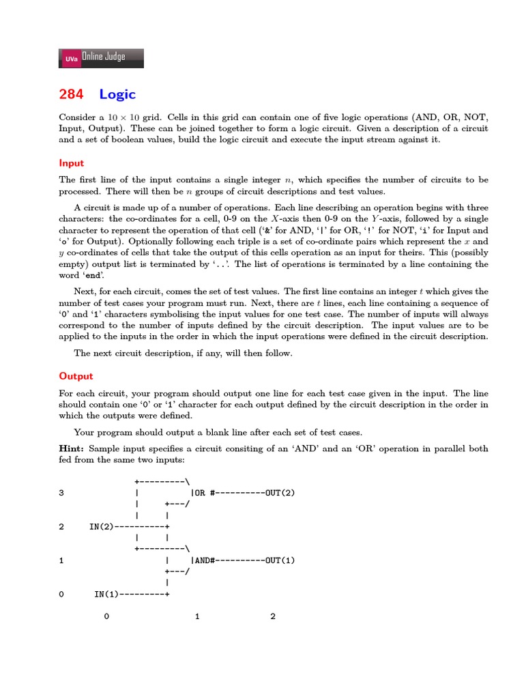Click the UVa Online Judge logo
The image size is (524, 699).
pyautogui.click(x=102, y=58)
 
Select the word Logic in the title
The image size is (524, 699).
pyautogui.click(x=117, y=94)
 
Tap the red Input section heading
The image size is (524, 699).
pyautogui.click(x=72, y=163)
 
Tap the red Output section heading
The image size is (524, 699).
pyautogui.click(x=76, y=376)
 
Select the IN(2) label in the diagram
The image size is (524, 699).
pyautogui.click(x=102, y=526)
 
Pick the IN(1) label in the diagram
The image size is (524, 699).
pyautogui.click(x=106, y=595)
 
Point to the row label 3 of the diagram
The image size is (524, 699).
pyautogui.click(x=61, y=492)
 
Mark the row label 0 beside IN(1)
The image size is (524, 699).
pyautogui.click(x=61, y=595)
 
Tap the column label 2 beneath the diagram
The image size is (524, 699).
pyautogui.click(x=273, y=617)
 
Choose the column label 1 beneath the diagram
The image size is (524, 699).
pyautogui.click(x=197, y=617)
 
